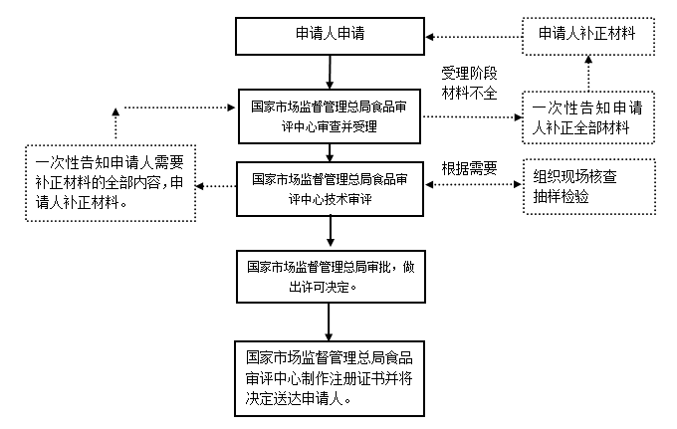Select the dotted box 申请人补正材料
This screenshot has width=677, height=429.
coord(587,33)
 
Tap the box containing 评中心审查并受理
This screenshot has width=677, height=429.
coord(329,116)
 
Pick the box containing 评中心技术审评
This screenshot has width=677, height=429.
coord(329,188)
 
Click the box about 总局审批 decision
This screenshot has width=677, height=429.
coord(329,276)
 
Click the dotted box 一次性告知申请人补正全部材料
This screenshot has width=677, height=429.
coord(587,117)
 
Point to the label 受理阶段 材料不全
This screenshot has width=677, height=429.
coord(468,84)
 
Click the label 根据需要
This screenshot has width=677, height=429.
coord(468,167)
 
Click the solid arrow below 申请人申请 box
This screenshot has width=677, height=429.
coord(329,71)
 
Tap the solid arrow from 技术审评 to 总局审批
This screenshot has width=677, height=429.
coord(329,231)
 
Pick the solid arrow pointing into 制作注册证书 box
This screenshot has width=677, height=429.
coord(329,322)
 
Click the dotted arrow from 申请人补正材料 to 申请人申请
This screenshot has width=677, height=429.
coord(473,33)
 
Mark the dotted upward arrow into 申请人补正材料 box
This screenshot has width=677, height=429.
coord(587,72)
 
